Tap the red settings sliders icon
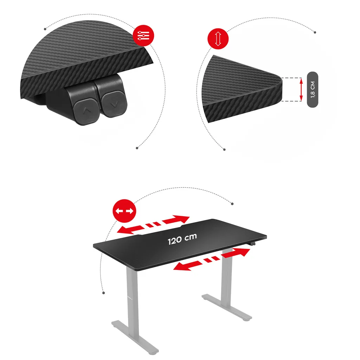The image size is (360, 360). [143, 36]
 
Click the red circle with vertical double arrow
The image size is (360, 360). [218, 39]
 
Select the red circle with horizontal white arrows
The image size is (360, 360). [124, 211]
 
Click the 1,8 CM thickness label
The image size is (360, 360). [313, 89]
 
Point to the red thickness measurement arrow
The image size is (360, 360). [301, 89]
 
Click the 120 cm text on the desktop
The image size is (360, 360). [182, 239]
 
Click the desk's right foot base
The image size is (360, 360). [227, 307]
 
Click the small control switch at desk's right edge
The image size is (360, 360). [253, 244]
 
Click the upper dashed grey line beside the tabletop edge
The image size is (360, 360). [291, 78]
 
